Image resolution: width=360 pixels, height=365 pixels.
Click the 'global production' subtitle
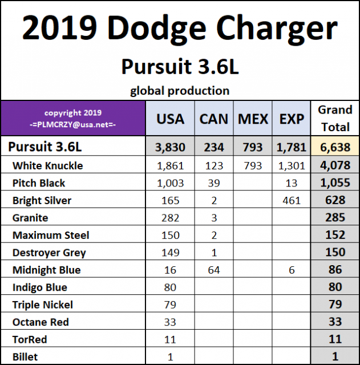180,90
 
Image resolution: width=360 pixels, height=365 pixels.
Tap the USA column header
170,119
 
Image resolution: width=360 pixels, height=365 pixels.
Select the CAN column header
214,119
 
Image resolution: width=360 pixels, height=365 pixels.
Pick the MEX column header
253,119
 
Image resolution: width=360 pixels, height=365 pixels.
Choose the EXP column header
292,119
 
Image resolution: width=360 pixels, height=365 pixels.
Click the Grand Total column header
335,118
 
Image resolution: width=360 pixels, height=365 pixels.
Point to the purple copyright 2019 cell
72,118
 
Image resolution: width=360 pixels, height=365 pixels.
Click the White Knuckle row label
47,165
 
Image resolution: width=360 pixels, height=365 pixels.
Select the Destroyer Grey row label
49,252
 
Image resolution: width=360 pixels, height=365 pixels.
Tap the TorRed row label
30,339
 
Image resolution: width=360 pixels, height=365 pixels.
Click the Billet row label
25,357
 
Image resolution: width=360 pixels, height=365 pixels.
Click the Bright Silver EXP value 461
292,200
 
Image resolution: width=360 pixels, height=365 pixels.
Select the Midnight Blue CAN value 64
214,270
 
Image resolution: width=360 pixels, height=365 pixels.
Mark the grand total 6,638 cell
335,147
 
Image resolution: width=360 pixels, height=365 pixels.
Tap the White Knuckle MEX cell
253,165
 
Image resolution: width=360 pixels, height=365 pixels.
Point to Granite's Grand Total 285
335,217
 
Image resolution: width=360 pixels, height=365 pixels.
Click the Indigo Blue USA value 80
170,287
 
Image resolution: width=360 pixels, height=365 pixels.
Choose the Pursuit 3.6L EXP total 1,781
292,147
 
